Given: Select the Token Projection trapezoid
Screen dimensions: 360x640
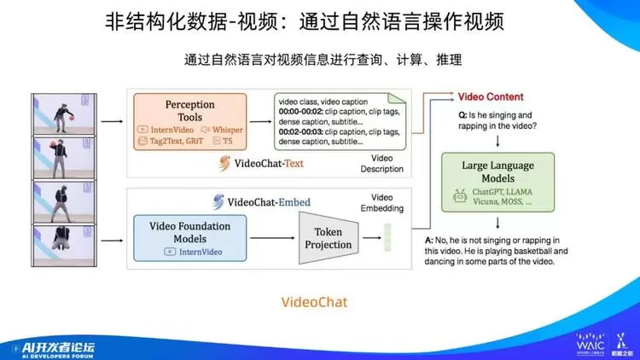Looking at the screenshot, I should point(329,237).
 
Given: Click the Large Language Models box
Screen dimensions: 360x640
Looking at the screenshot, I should point(497,182).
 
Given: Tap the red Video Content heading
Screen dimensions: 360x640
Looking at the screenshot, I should point(491,97).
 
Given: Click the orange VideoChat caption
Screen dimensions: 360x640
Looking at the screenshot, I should point(315,302).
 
